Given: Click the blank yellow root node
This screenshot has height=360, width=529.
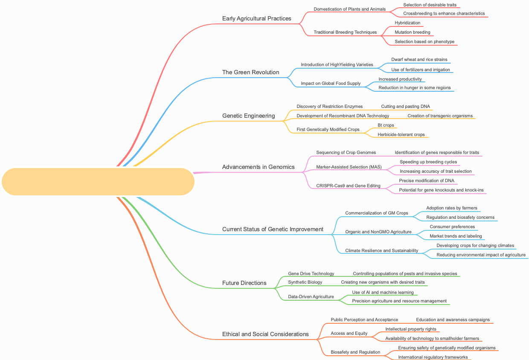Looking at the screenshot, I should (x=98, y=182).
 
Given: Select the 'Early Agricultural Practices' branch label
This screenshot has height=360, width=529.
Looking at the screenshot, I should (x=256, y=18).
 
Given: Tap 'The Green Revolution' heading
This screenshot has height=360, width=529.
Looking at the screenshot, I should (x=250, y=72).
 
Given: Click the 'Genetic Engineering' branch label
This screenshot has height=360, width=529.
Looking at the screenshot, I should (x=248, y=116).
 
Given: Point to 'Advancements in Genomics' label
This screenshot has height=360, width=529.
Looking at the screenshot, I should (x=258, y=167).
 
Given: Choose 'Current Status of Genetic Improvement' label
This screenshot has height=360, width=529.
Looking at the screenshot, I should (x=273, y=229).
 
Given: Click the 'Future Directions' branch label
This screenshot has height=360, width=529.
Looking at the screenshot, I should (x=244, y=283).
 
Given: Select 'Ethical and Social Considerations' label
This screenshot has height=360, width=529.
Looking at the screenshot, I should (x=265, y=334).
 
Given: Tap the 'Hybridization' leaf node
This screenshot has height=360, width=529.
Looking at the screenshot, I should (x=407, y=23).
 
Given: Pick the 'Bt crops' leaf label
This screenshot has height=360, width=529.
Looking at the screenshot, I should (x=386, y=125).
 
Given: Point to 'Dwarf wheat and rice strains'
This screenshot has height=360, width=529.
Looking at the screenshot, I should (x=419, y=59).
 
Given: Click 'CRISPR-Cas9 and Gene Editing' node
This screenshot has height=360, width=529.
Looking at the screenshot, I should (x=348, y=186).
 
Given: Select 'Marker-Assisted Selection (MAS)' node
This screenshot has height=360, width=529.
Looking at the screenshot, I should (x=349, y=167).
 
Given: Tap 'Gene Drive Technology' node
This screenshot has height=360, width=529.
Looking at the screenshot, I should (x=311, y=273).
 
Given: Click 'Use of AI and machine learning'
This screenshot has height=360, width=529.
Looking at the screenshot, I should (x=383, y=292).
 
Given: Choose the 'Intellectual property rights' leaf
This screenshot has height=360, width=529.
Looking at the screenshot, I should (x=410, y=329).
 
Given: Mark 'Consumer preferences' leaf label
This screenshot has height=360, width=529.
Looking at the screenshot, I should (x=452, y=226).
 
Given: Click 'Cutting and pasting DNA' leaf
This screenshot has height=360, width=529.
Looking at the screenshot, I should (x=405, y=106).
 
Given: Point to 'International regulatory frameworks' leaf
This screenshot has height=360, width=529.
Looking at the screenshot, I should (x=433, y=357).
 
